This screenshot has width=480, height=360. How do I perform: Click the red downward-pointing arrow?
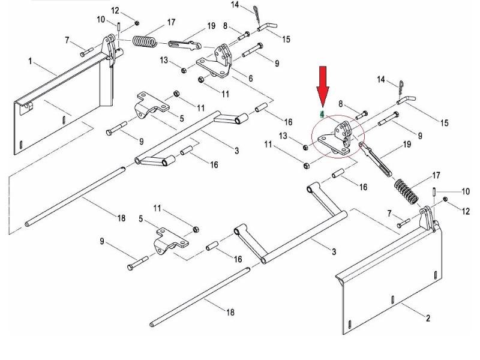click(x=323, y=86)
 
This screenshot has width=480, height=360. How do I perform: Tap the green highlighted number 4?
click(x=322, y=115)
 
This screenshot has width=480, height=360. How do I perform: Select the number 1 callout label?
click(x=30, y=62)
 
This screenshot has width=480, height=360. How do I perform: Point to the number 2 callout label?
click(x=428, y=318)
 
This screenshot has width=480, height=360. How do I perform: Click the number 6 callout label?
click(x=251, y=79)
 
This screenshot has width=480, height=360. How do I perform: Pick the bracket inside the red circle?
click(x=336, y=138)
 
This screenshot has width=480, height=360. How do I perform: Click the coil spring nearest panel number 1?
click(x=145, y=41)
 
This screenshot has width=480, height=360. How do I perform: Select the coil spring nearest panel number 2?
click(x=406, y=191)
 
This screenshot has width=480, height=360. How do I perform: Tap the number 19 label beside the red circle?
click(x=407, y=144)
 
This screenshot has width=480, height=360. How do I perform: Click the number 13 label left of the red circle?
click(x=283, y=136)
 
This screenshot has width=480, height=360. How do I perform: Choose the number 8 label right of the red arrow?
click(x=341, y=104)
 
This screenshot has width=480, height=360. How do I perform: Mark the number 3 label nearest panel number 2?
click(x=334, y=251)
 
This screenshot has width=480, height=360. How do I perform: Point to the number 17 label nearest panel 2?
click(x=436, y=175)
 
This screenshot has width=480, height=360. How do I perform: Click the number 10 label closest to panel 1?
click(x=101, y=20)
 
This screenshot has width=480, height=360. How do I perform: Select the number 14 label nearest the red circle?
click(x=380, y=79)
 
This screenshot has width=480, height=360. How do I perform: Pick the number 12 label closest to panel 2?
click(x=466, y=211)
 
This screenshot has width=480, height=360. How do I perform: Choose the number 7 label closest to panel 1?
click(x=67, y=40)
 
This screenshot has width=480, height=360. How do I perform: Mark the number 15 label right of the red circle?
click(x=445, y=123)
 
